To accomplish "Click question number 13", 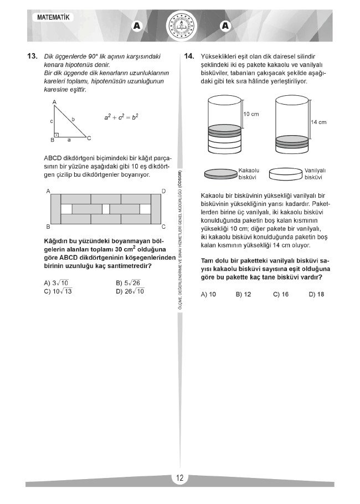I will click(x=31, y=56).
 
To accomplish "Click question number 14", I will click(x=189, y=56).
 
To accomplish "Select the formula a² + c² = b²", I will click(x=121, y=117).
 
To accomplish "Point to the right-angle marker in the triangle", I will click(x=56, y=134).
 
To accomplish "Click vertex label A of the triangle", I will click(x=54, y=102).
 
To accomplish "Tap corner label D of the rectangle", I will click(x=163, y=191).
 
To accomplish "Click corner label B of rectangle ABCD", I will click(x=48, y=227).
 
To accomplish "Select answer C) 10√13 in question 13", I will click(x=58, y=291).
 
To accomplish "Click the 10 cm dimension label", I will click(x=252, y=114).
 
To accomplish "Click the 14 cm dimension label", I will click(x=318, y=122).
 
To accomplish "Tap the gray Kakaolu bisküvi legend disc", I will click(x=220, y=174).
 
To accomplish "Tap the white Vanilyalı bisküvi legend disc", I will click(x=286, y=174).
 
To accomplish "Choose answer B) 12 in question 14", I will click(x=243, y=294).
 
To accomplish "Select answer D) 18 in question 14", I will click(x=316, y=294).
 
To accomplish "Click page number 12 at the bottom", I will click(x=180, y=478).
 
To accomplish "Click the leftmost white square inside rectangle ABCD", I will click(x=66, y=209).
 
